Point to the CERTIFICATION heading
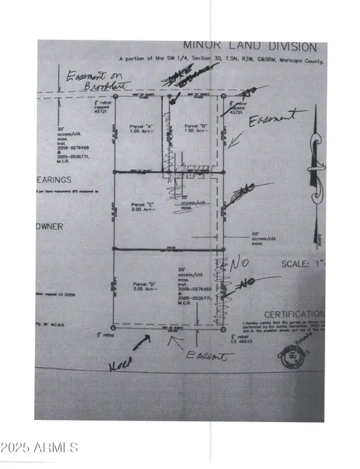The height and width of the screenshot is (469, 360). coord(294,314)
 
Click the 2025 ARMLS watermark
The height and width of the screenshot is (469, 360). coord(40,447)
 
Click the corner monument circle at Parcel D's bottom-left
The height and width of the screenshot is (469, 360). coord(114,328)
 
